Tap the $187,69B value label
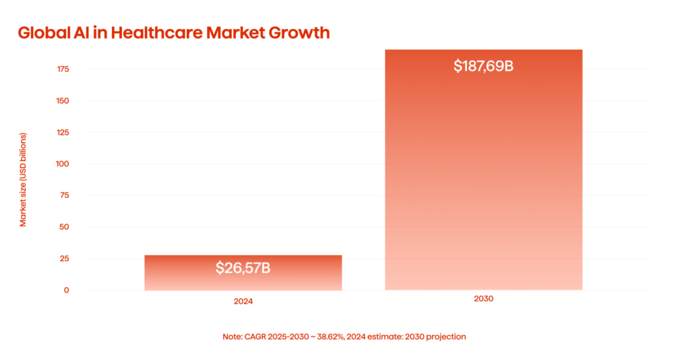click(x=483, y=66)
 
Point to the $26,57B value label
click(x=243, y=268)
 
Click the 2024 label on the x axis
click(x=243, y=302)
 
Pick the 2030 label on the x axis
click(x=483, y=298)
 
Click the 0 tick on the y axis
click(x=66, y=291)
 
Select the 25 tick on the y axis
click(x=64, y=259)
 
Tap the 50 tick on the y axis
click(x=64, y=227)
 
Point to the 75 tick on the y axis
click(x=64, y=196)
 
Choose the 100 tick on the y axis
click(x=63, y=164)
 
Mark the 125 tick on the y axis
click(x=63, y=133)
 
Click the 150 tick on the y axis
click(x=63, y=101)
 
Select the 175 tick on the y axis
click(x=63, y=69)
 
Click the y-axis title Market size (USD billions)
click(x=23, y=179)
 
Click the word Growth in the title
click(x=299, y=32)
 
